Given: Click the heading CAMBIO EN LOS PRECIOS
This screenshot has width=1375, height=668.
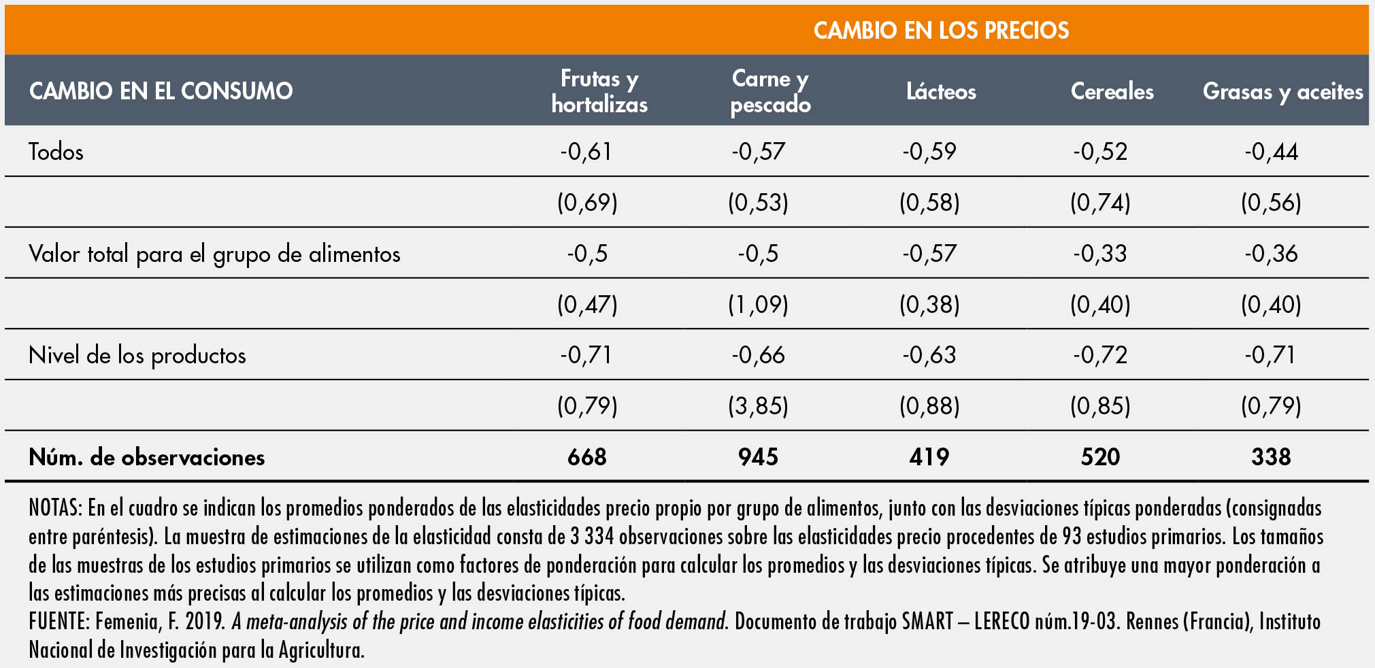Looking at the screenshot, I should click(x=941, y=31).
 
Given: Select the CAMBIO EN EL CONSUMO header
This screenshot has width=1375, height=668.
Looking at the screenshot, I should click(x=161, y=91).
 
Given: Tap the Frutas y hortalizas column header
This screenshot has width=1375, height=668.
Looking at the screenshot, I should click(x=599, y=91).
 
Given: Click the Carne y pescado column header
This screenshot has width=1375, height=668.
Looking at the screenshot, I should click(x=770, y=91).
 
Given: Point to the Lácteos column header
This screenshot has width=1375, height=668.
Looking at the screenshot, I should click(x=941, y=92).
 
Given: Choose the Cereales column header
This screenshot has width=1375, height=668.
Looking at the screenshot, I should click(x=1112, y=92).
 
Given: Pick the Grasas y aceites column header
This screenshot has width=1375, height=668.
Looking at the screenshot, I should click(x=1282, y=92).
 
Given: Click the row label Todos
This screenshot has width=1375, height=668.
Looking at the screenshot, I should click(x=56, y=152).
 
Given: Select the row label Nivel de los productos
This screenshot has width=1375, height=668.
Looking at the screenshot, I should click(x=137, y=355).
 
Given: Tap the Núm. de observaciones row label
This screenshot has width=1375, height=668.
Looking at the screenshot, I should click(x=146, y=457).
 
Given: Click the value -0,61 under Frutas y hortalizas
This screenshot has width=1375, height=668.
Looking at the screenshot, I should click(x=586, y=152).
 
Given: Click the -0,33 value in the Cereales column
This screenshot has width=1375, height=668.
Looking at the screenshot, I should click(x=1100, y=254).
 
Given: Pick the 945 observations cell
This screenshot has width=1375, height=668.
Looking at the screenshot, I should click(x=758, y=457).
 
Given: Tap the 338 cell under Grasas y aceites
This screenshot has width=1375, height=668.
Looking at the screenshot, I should click(x=1271, y=457).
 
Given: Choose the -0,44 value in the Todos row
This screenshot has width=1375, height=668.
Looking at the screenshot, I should click(x=1271, y=152).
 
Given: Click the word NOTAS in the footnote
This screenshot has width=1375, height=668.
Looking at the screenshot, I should click(x=55, y=509).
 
